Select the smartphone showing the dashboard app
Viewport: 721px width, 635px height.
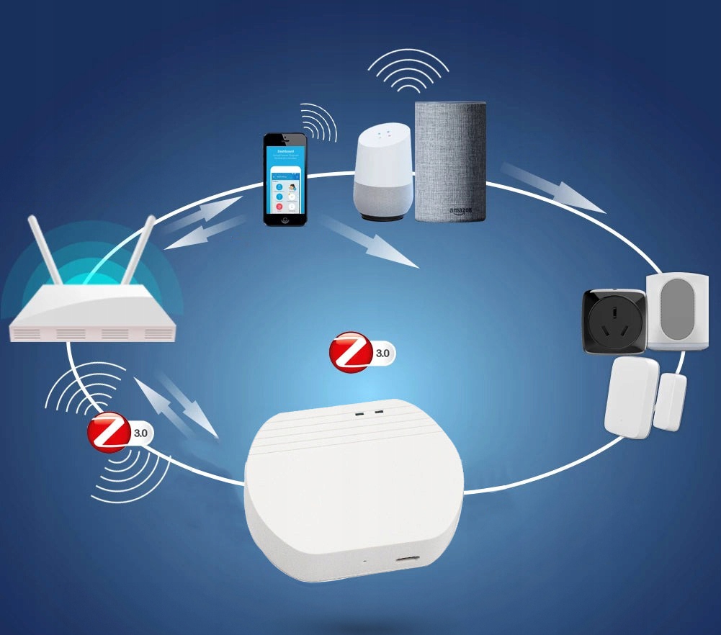[x=284, y=179]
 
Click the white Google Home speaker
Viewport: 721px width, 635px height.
[x=383, y=173]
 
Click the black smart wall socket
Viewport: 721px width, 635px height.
[x=614, y=321]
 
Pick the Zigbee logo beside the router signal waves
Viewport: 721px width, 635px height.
[x=109, y=432]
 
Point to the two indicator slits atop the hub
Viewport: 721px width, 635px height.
[x=367, y=414]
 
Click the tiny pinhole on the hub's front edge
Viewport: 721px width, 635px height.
[x=364, y=560]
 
